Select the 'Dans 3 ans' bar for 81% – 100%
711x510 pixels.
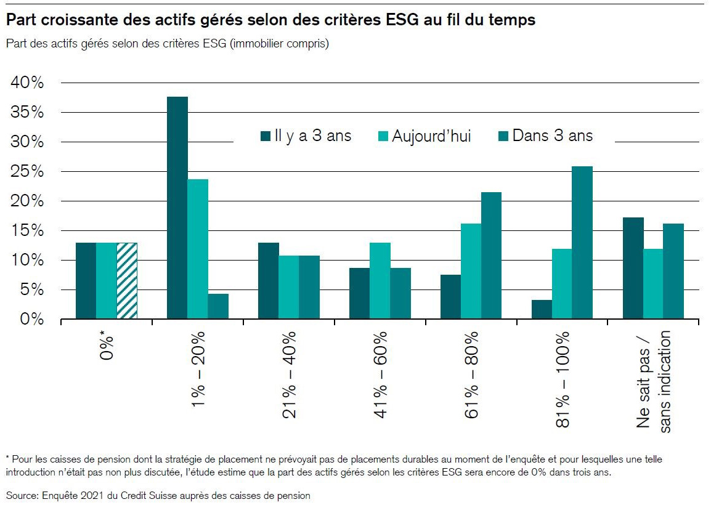[x=582, y=243]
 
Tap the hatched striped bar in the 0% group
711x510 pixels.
[x=126, y=281]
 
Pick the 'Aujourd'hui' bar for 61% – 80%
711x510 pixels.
[x=471, y=271]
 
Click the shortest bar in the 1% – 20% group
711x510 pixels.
[x=218, y=306]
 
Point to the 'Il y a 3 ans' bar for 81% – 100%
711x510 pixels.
[x=542, y=309]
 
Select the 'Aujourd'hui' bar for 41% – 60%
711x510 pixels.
[x=380, y=281]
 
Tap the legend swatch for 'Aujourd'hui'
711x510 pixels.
[x=381, y=136]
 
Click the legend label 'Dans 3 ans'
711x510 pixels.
[x=552, y=136]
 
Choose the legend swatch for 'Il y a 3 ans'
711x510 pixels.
[x=266, y=136]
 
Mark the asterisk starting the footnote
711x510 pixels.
[x=8, y=459]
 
